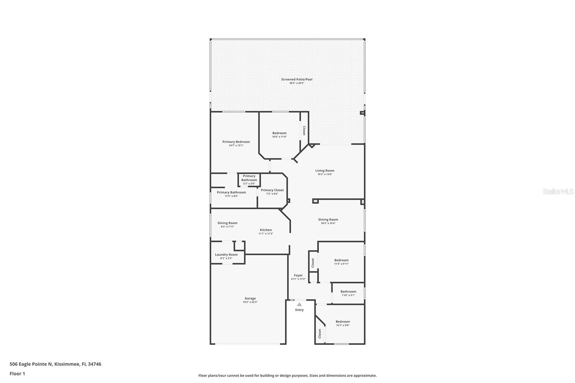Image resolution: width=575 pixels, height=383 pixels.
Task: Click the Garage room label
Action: [x=250, y=298]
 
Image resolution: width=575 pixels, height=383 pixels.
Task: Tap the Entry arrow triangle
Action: [x=299, y=304]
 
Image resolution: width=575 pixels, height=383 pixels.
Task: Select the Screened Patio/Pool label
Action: [x=296, y=79]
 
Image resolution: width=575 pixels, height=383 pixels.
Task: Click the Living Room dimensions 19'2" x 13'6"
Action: [x=325, y=174]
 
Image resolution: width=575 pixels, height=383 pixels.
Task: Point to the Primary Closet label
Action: [x=272, y=190]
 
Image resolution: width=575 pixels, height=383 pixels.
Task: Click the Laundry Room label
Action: [x=226, y=254]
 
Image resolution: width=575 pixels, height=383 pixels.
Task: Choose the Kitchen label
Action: [x=266, y=230]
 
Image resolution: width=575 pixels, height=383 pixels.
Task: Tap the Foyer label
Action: [x=298, y=275]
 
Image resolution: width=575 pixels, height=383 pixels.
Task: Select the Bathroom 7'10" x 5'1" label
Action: [x=348, y=292]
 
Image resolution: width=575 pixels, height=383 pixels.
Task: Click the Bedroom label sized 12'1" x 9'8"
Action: [x=342, y=322]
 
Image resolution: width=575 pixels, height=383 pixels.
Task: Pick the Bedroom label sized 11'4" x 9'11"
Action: [x=341, y=260]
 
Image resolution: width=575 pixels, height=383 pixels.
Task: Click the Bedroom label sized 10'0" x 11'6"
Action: [x=279, y=133]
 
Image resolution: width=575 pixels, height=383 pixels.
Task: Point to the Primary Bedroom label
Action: [x=236, y=142]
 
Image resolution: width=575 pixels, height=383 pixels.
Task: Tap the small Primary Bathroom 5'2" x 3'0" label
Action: [x=249, y=178]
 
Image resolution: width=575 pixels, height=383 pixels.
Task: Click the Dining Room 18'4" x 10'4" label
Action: [x=328, y=220]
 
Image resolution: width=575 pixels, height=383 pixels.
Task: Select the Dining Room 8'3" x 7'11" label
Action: [x=227, y=223]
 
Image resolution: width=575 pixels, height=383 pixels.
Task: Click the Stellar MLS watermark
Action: [x=558, y=192]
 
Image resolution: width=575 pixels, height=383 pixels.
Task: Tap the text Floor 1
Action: [x=17, y=374]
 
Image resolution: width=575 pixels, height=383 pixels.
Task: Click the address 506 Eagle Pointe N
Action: [x=31, y=364]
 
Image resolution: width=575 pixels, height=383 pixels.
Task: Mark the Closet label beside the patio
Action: [x=304, y=130]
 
